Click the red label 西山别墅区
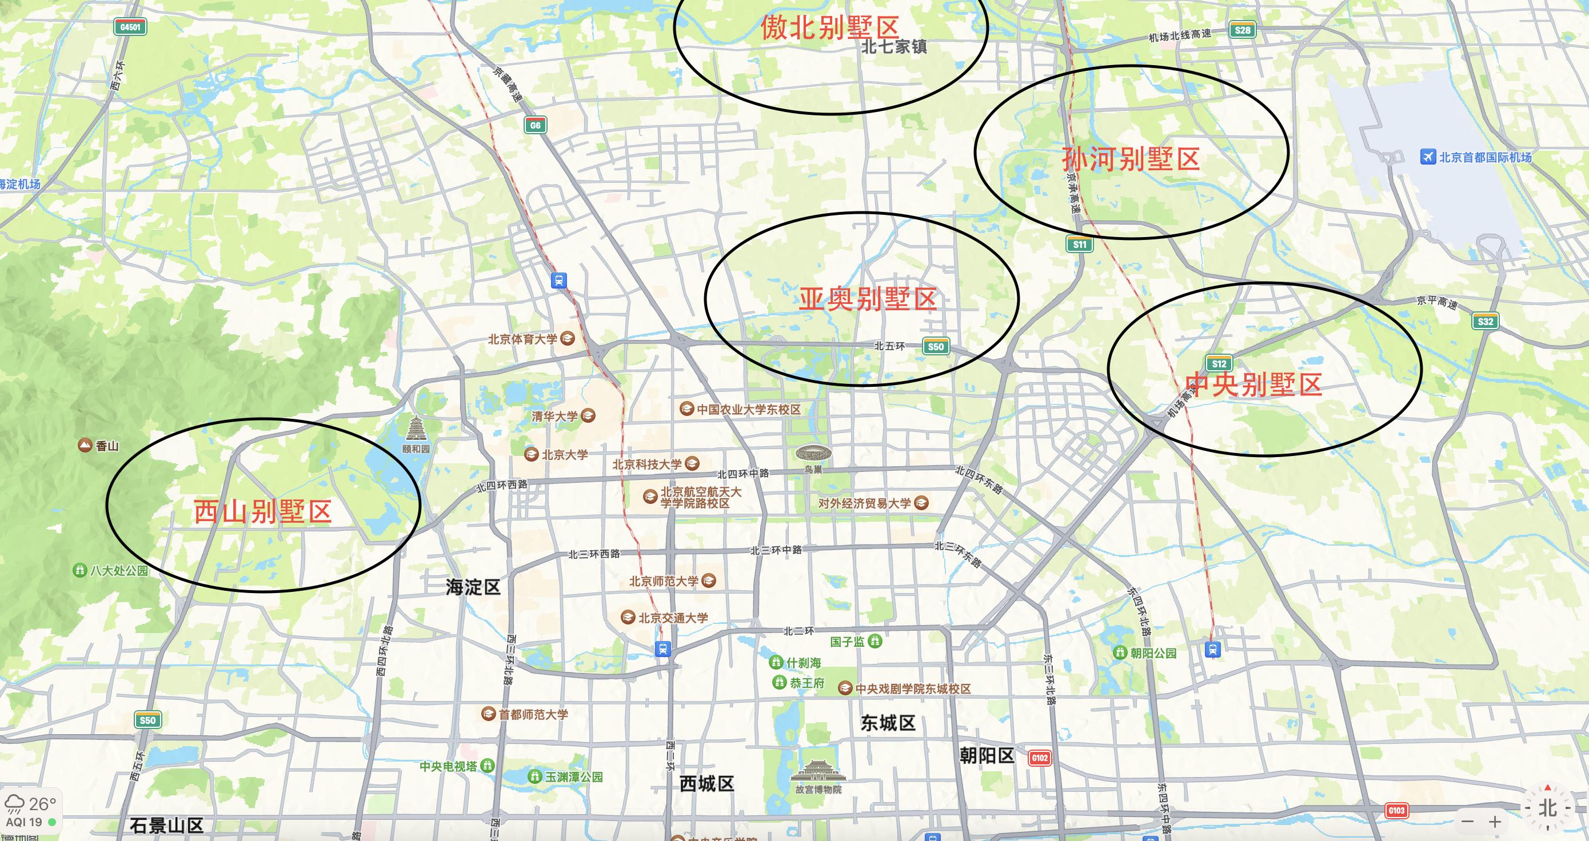point(263,512)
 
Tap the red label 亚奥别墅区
point(868,299)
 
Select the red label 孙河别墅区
point(1131,159)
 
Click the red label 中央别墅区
point(1253,384)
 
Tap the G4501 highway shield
point(130,27)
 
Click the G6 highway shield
point(535,125)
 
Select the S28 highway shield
point(1242,30)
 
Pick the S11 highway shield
point(1080,244)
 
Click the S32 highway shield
point(1486,321)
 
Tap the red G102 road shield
point(1039,758)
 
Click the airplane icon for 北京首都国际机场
point(1427,157)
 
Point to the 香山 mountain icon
point(85,445)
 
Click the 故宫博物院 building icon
point(818,772)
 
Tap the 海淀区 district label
point(473,587)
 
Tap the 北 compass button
point(1547,808)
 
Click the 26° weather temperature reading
point(42,804)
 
